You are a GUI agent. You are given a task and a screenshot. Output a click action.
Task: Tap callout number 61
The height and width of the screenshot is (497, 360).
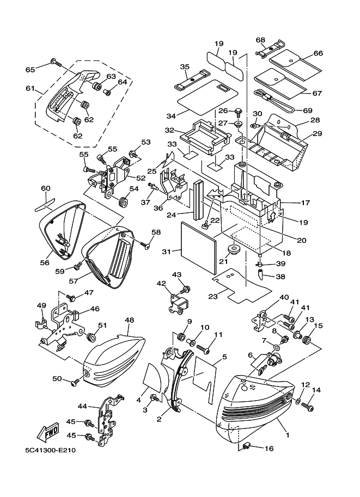pyautogui.click(x=29, y=88)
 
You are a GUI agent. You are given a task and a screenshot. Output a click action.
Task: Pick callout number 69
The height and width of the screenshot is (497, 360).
pyautogui.click(x=315, y=110)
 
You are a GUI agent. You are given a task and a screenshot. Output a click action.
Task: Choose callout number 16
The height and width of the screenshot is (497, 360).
pyautogui.click(x=268, y=449)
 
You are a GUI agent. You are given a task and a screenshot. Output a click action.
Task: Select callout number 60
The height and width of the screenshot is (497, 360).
pyautogui.click(x=45, y=188)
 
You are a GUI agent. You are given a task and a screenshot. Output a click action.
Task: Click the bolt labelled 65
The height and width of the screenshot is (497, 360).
pyautogui.click(x=54, y=62)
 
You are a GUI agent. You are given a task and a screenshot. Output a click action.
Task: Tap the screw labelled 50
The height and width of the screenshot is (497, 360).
pyautogui.click(x=75, y=383)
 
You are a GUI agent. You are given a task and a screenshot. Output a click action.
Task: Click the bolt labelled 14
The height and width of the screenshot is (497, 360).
pyautogui.click(x=310, y=406)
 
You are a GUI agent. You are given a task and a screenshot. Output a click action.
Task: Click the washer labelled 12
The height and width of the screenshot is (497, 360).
pyautogui.click(x=298, y=402)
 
